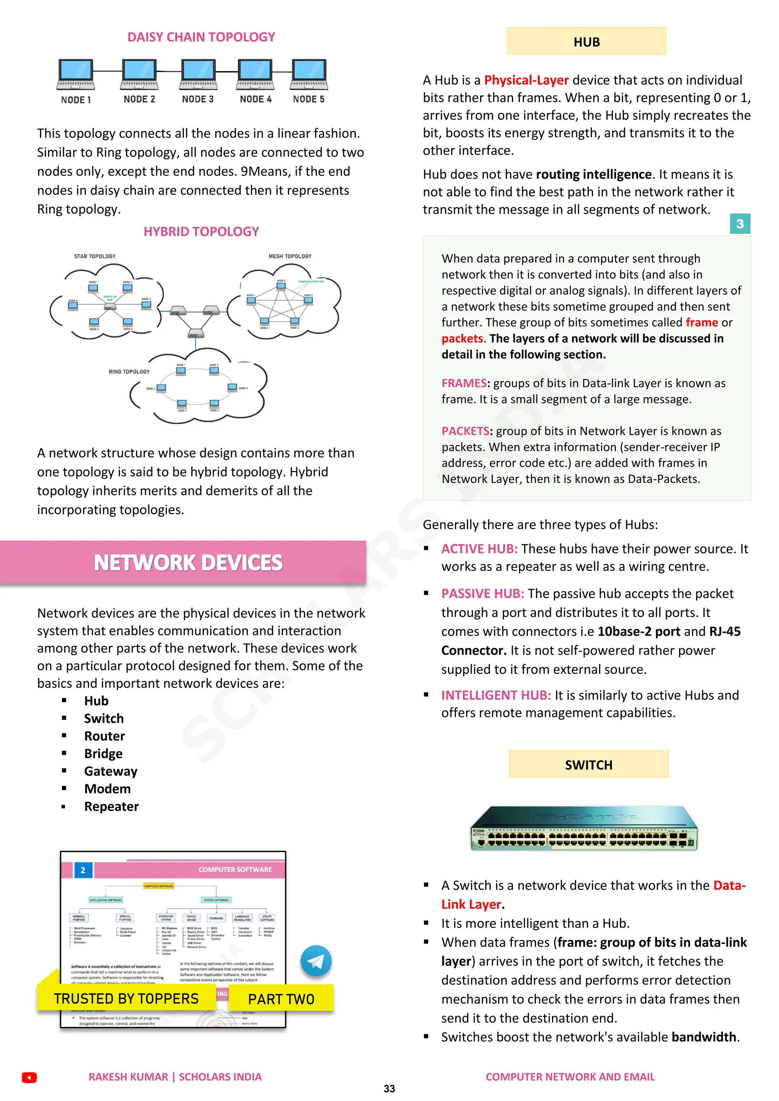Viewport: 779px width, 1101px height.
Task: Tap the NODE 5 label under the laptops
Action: tap(308, 99)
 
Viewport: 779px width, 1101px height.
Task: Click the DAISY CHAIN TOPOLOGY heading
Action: tap(201, 37)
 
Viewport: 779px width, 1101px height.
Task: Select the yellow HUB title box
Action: tap(586, 42)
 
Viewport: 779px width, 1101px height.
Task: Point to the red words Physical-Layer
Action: tap(526, 80)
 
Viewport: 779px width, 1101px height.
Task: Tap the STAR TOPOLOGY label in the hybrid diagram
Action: tap(95, 256)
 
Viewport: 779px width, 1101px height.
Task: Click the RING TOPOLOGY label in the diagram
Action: tap(129, 372)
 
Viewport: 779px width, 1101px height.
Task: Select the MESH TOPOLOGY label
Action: tap(290, 256)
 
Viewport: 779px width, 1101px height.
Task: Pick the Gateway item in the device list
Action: tap(111, 771)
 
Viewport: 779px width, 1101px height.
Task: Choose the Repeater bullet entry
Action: tap(111, 807)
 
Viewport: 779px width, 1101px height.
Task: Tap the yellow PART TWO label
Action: tap(281, 999)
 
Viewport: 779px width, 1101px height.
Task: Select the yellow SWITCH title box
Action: tap(588, 765)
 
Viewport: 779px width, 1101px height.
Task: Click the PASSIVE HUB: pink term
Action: tap(483, 594)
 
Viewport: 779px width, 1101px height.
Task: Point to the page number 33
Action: tap(389, 1089)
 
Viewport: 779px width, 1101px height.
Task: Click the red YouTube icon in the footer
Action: tap(29, 1077)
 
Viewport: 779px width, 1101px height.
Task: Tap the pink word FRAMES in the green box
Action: tap(464, 383)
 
